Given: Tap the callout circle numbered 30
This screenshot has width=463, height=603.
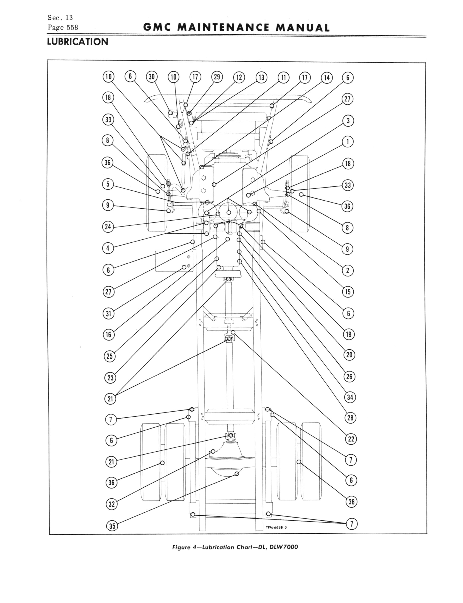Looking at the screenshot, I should [152, 77].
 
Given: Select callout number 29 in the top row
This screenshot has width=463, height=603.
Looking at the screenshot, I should [217, 77].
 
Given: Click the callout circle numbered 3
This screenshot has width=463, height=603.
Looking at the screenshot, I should [348, 121].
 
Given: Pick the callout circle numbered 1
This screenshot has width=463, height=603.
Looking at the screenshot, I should [348, 142].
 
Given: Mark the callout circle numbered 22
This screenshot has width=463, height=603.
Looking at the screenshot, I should [351, 439].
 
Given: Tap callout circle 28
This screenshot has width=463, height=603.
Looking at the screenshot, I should [350, 418].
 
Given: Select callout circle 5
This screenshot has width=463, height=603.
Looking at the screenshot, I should [108, 184].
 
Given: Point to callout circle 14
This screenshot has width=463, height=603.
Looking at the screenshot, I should [327, 78].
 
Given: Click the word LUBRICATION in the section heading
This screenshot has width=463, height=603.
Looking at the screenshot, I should [77, 42].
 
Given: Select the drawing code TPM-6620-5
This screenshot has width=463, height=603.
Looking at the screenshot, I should [276, 528].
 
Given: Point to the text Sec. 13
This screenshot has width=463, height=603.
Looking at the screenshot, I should [60, 18].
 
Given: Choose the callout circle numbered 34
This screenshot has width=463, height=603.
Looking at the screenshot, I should [350, 397].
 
